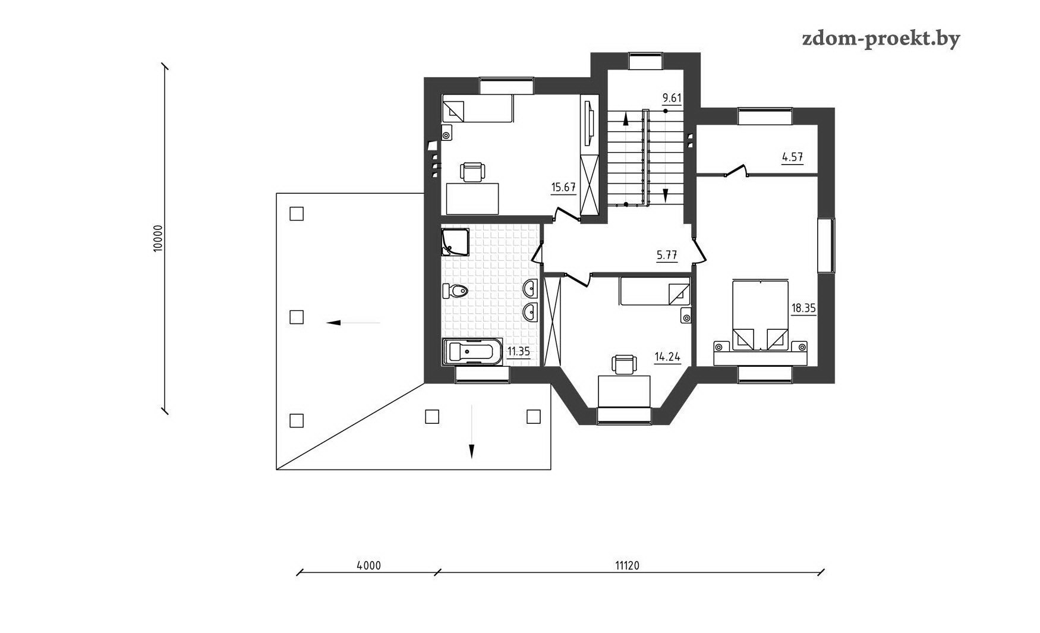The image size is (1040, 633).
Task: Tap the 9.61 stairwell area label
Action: (x=672, y=98)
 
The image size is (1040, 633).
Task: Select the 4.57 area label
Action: (x=792, y=158)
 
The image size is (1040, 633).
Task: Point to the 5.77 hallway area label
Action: (x=667, y=256)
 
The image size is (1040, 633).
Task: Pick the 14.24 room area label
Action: (x=667, y=357)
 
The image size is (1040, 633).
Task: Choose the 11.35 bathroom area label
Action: (x=518, y=351)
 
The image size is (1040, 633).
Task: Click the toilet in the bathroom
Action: (x=456, y=291)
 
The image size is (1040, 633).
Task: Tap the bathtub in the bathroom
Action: (x=472, y=352)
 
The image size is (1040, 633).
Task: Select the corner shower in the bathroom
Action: (x=455, y=242)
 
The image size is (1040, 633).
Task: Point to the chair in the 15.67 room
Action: (x=472, y=172)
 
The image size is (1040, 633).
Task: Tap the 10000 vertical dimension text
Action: (x=157, y=238)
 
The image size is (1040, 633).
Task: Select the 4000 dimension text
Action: (x=368, y=566)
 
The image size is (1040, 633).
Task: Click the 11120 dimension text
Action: (x=627, y=566)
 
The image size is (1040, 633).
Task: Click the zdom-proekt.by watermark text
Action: (x=881, y=39)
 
